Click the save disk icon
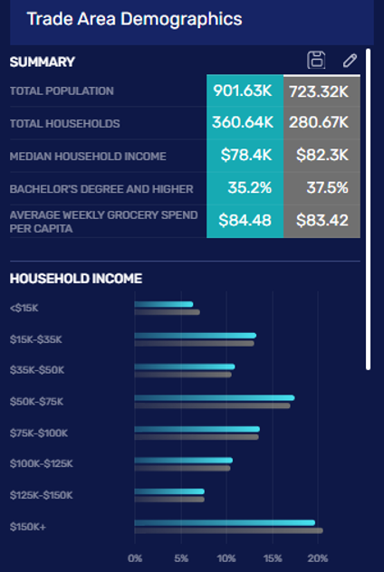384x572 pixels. [x=316, y=61]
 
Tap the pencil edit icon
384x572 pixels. [x=350, y=61]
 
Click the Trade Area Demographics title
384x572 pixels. [x=134, y=18]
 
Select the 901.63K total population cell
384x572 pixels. [x=245, y=91]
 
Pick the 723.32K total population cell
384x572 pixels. [x=322, y=91]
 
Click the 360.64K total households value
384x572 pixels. [x=245, y=123]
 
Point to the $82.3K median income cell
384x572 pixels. [x=322, y=156]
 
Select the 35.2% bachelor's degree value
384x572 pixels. [x=245, y=188]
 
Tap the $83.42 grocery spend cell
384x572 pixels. [x=322, y=220]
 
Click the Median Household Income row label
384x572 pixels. [x=88, y=157]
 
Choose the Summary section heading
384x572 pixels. [x=42, y=62]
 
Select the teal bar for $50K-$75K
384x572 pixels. [x=214, y=397]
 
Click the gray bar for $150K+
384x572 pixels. [x=228, y=530]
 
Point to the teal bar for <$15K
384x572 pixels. [x=163, y=304]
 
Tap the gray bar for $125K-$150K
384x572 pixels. [x=169, y=499]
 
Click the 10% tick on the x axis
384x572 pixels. [x=226, y=558]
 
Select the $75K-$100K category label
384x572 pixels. [x=38, y=433]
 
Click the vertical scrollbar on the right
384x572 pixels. [x=368, y=208]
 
